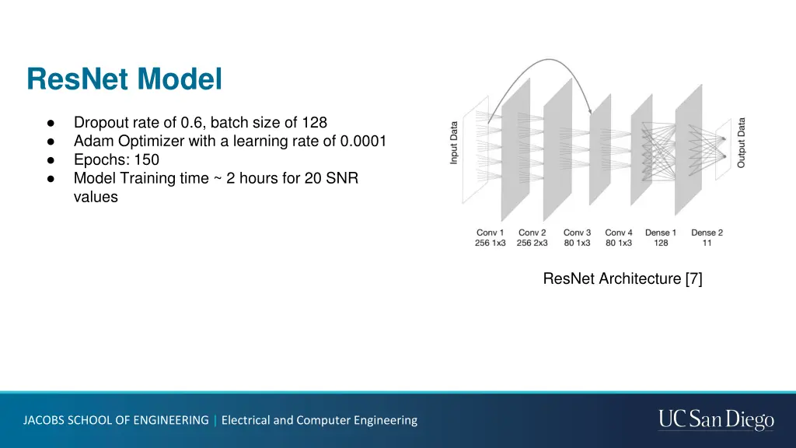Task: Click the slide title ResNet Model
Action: click(x=124, y=79)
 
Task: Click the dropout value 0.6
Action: click(x=190, y=122)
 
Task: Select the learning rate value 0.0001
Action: click(x=362, y=141)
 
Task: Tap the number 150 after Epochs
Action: click(x=146, y=159)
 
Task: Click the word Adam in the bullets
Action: click(x=91, y=141)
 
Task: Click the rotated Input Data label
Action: click(x=454, y=142)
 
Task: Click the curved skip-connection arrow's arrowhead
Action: click(x=591, y=111)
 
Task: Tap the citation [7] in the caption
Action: click(x=693, y=278)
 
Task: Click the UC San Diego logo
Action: click(x=716, y=420)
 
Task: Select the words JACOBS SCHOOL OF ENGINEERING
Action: click(x=116, y=420)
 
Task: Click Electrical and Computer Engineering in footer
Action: click(x=319, y=420)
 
